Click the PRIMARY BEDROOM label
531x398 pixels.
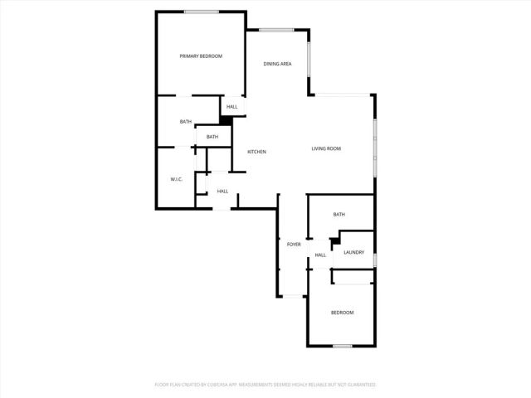pyautogui.click(x=202, y=56)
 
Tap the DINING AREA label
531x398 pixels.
pyautogui.click(x=277, y=64)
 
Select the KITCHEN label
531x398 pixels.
pyautogui.click(x=256, y=152)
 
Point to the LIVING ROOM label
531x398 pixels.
pyautogui.click(x=326, y=148)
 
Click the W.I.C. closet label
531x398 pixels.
pyautogui.click(x=176, y=179)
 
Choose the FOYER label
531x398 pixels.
pyautogui.click(x=294, y=245)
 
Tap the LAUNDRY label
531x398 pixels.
pyautogui.click(x=354, y=252)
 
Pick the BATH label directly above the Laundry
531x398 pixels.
pyautogui.click(x=339, y=215)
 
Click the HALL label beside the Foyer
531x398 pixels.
pyautogui.click(x=319, y=255)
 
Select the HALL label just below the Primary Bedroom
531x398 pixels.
pyautogui.click(x=232, y=106)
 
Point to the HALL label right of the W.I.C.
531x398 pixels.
pyautogui.click(x=222, y=192)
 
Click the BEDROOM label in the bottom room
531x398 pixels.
pyautogui.click(x=343, y=313)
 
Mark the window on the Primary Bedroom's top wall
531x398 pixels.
pyautogui.click(x=202, y=12)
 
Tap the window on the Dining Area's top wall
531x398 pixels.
pyautogui.click(x=277, y=31)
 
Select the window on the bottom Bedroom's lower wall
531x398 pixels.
pyautogui.click(x=343, y=346)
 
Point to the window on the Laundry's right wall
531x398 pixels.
pyautogui.click(x=375, y=261)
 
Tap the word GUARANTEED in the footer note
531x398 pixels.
pyautogui.click(x=359, y=385)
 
